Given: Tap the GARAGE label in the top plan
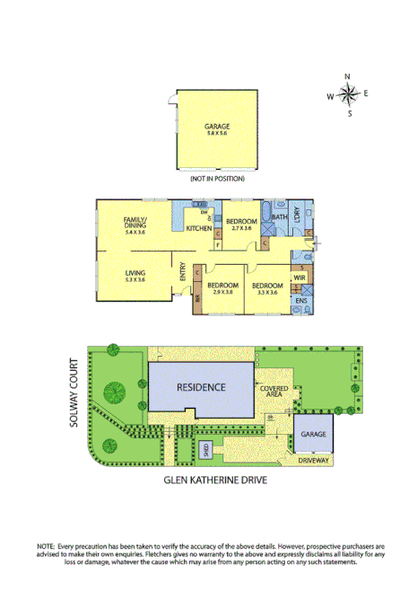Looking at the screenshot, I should (217, 128).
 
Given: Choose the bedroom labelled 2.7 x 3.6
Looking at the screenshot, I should (242, 224).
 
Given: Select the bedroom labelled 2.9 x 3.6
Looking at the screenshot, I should (222, 287).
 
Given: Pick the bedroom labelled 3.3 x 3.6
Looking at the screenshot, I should (267, 287).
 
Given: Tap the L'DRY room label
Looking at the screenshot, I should (295, 216).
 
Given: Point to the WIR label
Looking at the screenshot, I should (299, 278).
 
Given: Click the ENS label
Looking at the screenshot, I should (299, 300).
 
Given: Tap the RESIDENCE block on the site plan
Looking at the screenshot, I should (200, 387).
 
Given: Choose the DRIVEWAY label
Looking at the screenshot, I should (313, 460).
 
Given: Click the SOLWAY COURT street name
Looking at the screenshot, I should (77, 393).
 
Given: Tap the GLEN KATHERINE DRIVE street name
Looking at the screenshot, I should (215, 480).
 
